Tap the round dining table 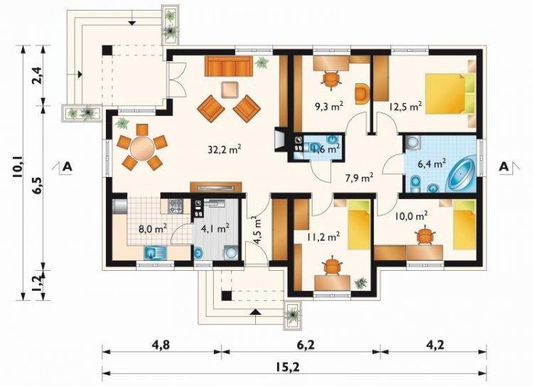pos(141,148)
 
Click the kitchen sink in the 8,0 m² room pos(153,252)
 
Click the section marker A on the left pos(68,167)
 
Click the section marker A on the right pos(503,167)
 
